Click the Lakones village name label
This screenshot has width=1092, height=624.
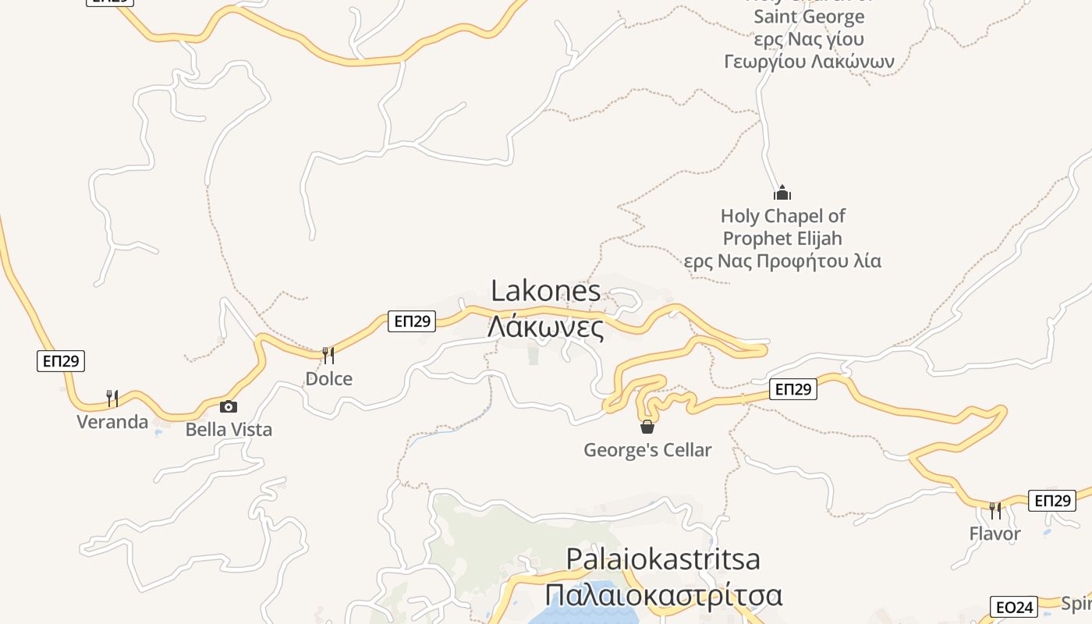pyautogui.click(x=546, y=292)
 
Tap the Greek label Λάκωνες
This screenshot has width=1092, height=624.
pyautogui.click(x=546, y=327)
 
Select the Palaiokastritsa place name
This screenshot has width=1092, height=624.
pyautogui.click(x=663, y=559)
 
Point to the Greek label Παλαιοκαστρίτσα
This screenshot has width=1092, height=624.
pyautogui.click(x=663, y=595)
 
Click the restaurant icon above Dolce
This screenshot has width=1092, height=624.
pyautogui.click(x=328, y=356)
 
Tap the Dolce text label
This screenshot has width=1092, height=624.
pyautogui.click(x=328, y=379)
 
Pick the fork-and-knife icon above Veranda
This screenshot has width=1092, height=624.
pyautogui.click(x=112, y=399)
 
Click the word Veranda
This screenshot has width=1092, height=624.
pyautogui.click(x=112, y=422)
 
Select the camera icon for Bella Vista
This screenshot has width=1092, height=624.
pyautogui.click(x=229, y=406)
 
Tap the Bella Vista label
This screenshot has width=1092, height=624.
pyautogui.click(x=229, y=429)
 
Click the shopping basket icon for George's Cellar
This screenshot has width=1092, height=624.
pyautogui.click(x=647, y=427)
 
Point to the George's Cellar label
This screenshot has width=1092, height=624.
pyautogui.click(x=647, y=450)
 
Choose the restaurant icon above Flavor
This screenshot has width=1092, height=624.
pyautogui.click(x=995, y=511)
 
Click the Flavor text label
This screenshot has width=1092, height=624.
pyautogui.click(x=994, y=534)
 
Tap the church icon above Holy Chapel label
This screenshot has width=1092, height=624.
pyautogui.click(x=782, y=193)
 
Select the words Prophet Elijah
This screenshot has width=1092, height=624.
pyautogui.click(x=782, y=238)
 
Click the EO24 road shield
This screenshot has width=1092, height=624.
pyautogui.click(x=1014, y=607)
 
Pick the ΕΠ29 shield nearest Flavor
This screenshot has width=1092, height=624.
pyautogui.click(x=1051, y=500)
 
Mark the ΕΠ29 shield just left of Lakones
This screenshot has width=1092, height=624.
pyautogui.click(x=412, y=321)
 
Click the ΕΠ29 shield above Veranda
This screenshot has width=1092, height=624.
pyautogui.click(x=61, y=360)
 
